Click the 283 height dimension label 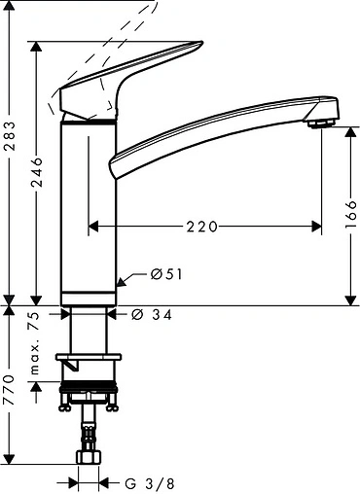(11, 147)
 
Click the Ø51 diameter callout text (167, 275)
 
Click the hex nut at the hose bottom (90, 458)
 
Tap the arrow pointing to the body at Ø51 (122, 282)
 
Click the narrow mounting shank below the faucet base (90, 331)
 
